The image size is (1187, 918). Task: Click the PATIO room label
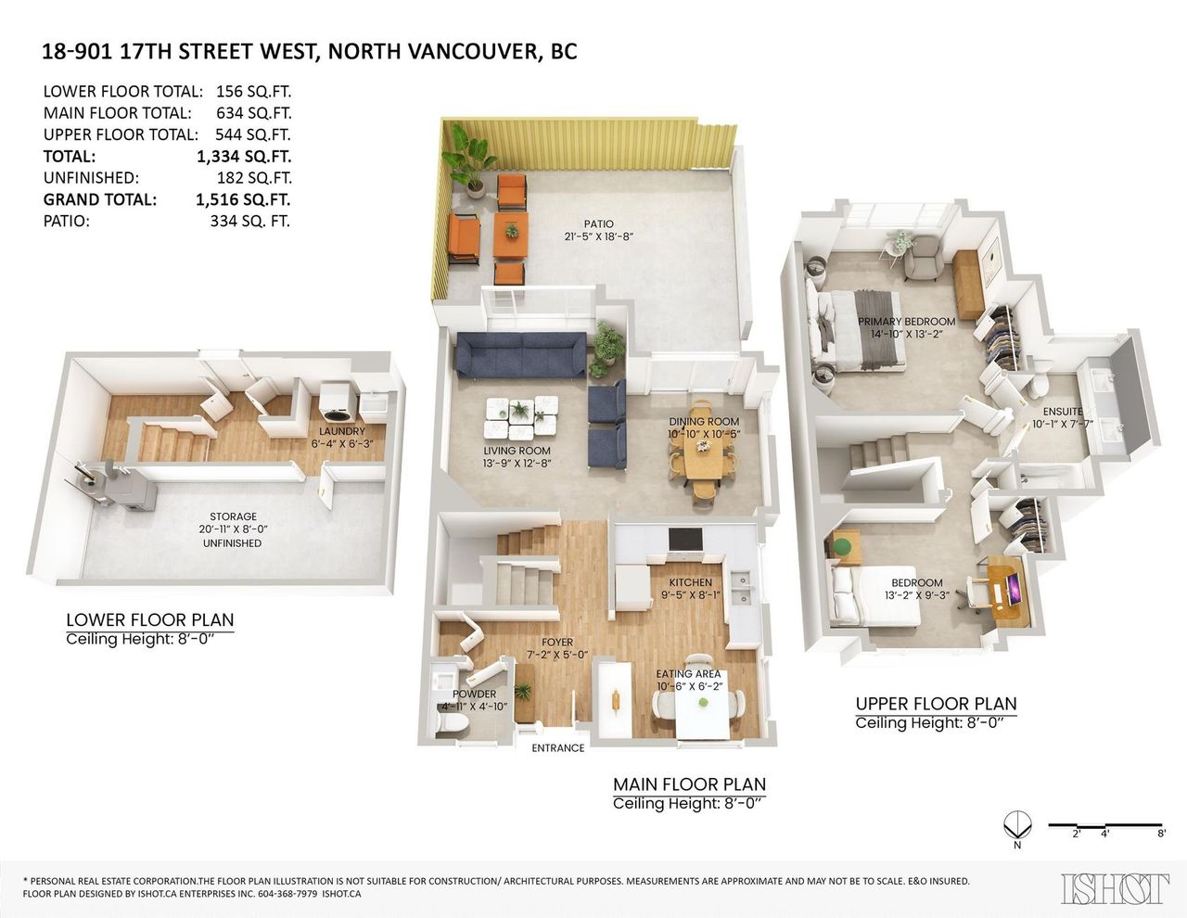(599, 223)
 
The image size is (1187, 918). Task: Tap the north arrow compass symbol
(1016, 824)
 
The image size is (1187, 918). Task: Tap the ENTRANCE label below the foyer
(557, 748)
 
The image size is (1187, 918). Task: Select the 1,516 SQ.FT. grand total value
(243, 200)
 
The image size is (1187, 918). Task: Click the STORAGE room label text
(234, 516)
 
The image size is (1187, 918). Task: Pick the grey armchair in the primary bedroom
(924, 259)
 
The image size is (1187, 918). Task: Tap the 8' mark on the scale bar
(1161, 834)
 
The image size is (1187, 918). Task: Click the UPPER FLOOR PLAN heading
(936, 704)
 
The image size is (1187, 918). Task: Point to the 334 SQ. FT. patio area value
(250, 222)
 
